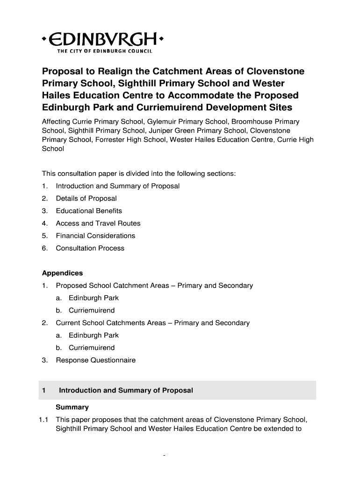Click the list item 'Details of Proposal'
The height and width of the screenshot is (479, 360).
click(86, 198)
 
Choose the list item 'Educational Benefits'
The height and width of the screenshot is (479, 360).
click(89, 211)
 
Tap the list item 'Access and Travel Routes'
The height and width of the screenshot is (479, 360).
click(98, 224)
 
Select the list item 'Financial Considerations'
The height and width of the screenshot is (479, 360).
click(95, 236)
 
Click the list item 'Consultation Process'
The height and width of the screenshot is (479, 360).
click(90, 248)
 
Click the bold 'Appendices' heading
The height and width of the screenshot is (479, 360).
click(62, 273)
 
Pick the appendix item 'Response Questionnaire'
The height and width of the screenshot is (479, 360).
click(95, 360)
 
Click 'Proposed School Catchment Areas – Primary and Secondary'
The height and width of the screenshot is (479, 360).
click(154, 285)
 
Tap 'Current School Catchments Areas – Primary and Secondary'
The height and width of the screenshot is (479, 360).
click(152, 323)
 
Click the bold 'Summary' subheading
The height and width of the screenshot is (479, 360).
click(72, 407)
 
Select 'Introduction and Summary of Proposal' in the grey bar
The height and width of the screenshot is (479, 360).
click(126, 390)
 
